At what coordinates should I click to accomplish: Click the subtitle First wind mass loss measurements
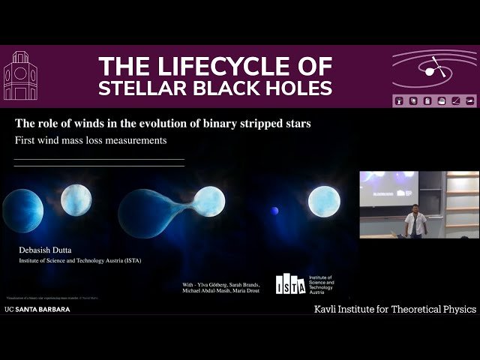[89, 140]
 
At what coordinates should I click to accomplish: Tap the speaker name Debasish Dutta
[49, 249]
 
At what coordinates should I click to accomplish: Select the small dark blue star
[274, 210]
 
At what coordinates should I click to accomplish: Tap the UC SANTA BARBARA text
[37, 308]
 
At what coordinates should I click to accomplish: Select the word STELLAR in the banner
[139, 88]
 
